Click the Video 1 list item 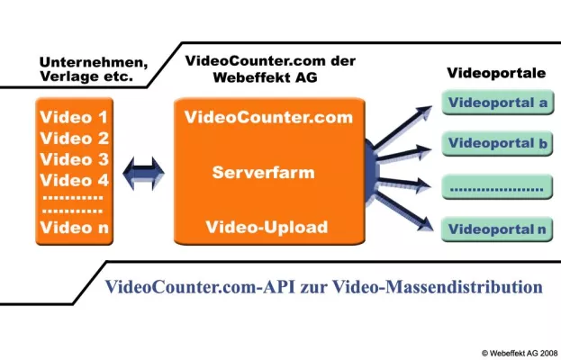[75, 118]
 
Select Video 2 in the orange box [75, 139]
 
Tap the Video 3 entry [75, 160]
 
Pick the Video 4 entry [75, 181]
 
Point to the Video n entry [75, 228]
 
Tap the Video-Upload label [267, 227]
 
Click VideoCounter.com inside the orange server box [268, 118]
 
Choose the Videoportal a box [496, 103]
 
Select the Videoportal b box [496, 144]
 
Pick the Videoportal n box [496, 229]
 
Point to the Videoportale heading [493, 70]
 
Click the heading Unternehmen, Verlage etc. [94, 69]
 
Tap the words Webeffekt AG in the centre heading [259, 76]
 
